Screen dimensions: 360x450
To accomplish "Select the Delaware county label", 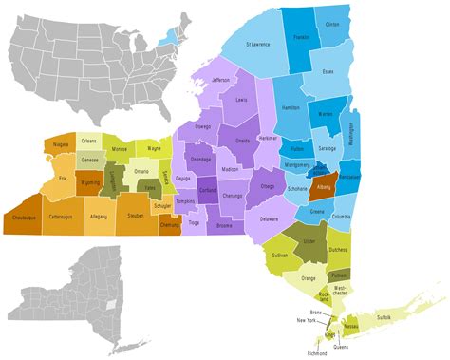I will click(269, 219).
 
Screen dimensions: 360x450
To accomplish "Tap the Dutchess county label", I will click(336, 251).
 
